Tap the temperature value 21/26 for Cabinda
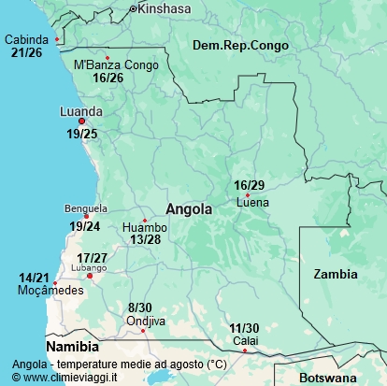coord(26,53)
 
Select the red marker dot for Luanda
coord(81,122)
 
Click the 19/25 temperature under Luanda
coord(81,135)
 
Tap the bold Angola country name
coord(189,209)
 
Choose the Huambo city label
coord(145,227)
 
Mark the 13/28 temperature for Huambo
coord(146,240)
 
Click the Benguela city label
coord(86,208)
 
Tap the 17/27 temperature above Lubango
coord(92,257)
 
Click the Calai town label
coord(245,340)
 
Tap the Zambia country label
coord(335,274)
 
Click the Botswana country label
coord(329,378)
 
